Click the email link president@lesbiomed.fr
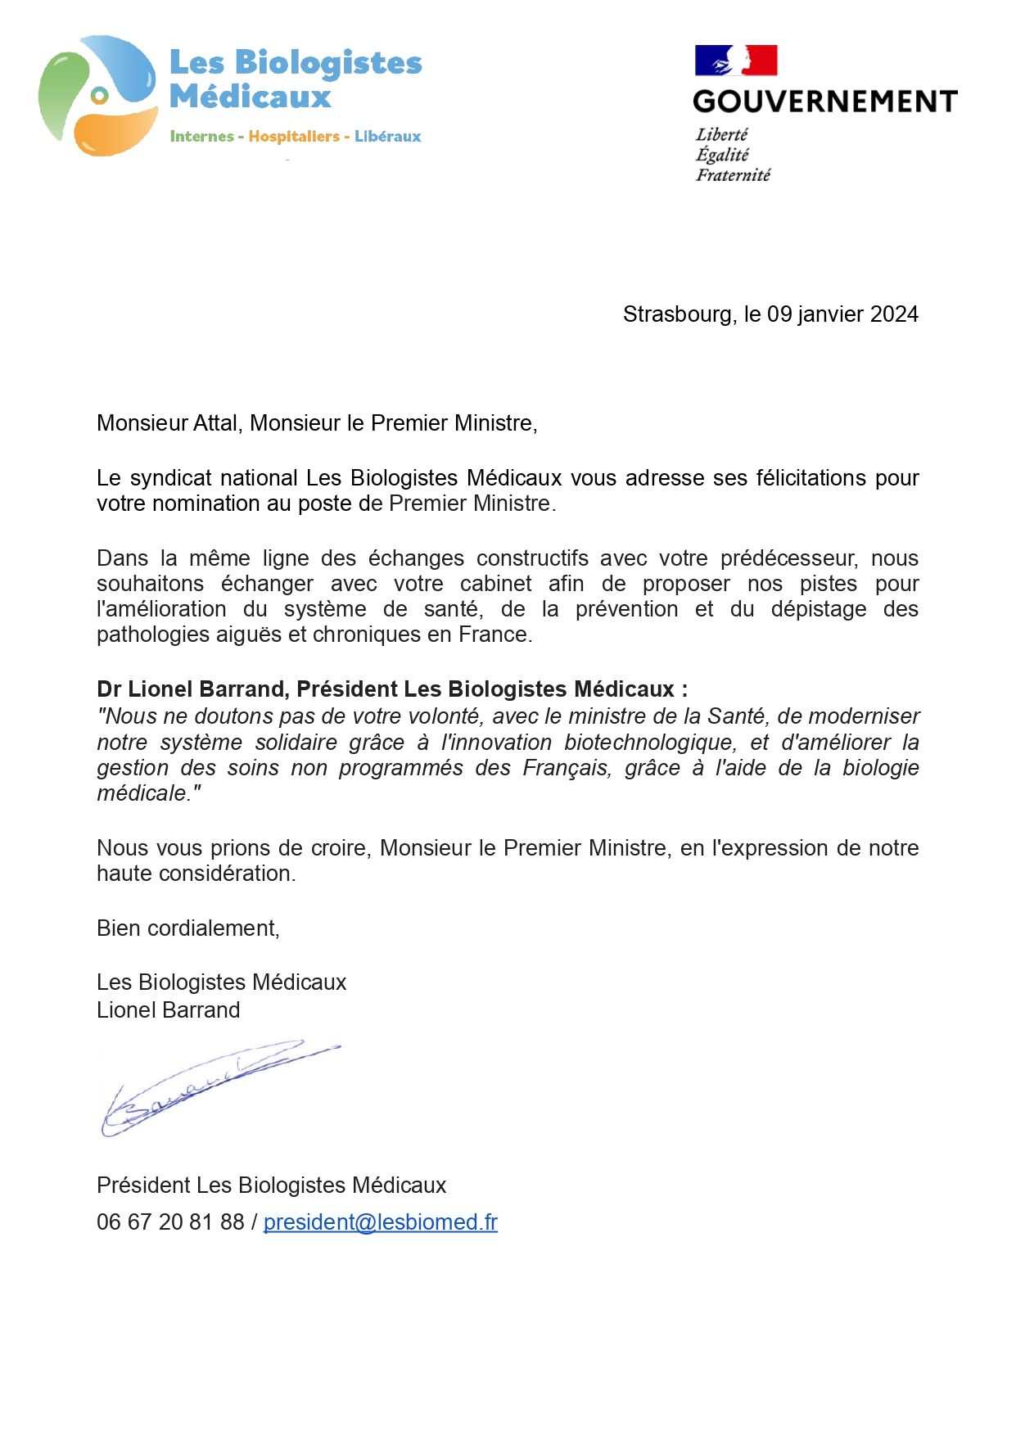pos(380,1222)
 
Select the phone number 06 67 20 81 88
pos(170,1222)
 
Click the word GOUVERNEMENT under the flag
pos(824,102)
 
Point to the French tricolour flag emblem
pos(735,61)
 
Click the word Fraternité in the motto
pos(733,175)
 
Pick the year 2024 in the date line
pos(894,314)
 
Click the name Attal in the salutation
pos(215,423)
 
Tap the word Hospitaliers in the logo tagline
pos(294,137)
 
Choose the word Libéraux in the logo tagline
pos(387,137)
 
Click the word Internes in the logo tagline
pos(201,137)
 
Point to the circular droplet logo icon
pos(97,97)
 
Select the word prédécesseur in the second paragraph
pos(788,558)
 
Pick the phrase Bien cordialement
pos(187,928)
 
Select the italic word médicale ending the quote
pos(144,793)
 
